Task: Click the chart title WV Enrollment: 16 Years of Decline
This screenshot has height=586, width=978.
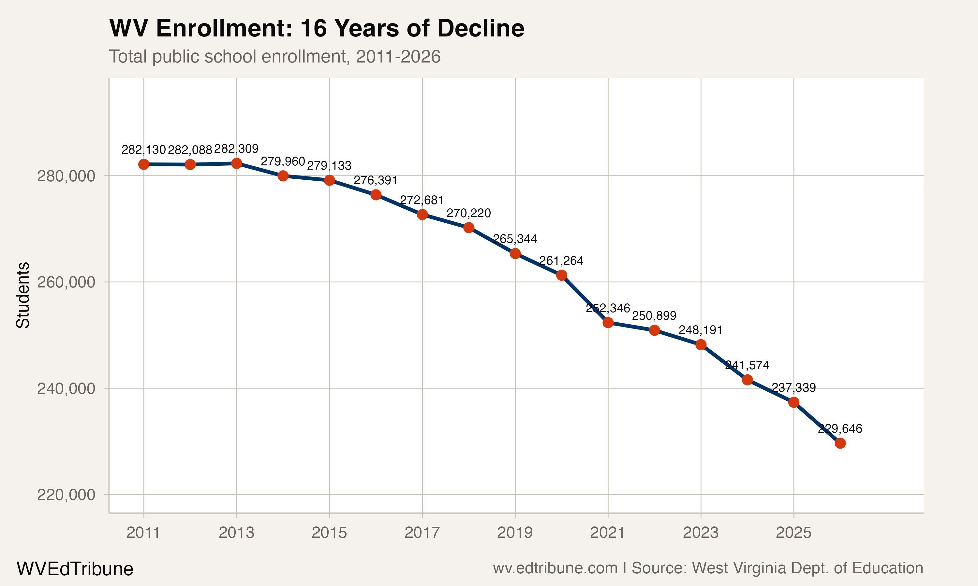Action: point(316,28)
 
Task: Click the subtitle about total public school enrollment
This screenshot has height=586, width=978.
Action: point(274,56)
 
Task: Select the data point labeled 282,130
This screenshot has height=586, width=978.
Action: point(143,164)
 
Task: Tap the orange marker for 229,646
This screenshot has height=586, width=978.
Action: point(840,443)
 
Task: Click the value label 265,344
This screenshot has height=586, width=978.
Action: point(515,239)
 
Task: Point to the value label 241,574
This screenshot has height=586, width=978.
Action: point(747,365)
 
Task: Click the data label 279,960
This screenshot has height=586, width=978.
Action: point(283,161)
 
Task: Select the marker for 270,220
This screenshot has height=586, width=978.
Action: point(468,228)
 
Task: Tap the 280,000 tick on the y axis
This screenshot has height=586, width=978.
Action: point(66,176)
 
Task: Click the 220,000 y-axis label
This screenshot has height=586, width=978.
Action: point(66,495)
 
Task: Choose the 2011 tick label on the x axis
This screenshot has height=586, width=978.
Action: point(143,533)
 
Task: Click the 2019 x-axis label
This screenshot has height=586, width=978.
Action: point(515,533)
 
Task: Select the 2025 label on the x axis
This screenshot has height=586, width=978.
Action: point(793,533)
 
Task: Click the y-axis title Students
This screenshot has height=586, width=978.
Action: point(23,295)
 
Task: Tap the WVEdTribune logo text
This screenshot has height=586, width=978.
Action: point(75,569)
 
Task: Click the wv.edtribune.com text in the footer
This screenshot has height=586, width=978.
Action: point(555,568)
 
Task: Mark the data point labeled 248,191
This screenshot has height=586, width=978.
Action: point(701,345)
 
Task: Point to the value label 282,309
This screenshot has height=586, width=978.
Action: point(236,149)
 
